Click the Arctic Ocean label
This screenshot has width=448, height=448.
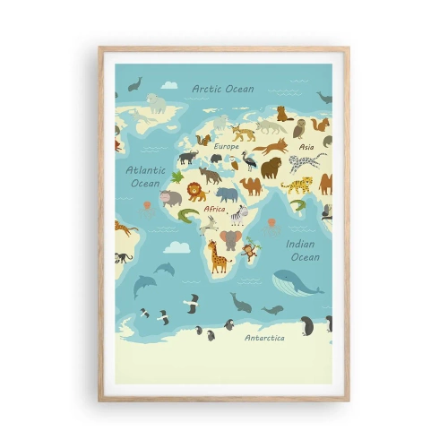222,89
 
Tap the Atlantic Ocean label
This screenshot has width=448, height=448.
144,176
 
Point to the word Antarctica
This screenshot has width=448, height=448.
265,338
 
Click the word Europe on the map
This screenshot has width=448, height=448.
226,145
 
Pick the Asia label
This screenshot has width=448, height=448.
306,146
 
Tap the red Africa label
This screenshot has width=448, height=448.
214,209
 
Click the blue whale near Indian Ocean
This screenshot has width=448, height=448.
297,282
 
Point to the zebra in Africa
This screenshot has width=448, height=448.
238,216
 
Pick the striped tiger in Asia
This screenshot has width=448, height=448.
297,185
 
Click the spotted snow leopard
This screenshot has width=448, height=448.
307,163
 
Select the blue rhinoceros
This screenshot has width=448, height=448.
228,194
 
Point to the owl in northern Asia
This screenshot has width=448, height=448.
299,128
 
